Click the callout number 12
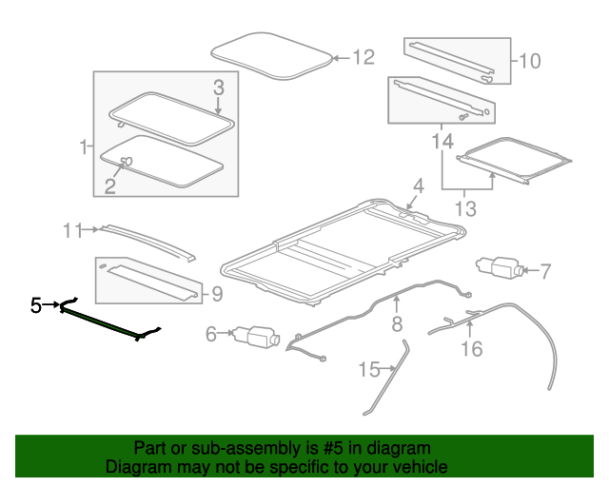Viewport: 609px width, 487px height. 363,58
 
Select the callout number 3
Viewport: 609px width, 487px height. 218,88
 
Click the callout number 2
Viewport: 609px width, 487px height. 110,185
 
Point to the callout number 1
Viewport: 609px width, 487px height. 83,147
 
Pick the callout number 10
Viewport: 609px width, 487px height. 528,62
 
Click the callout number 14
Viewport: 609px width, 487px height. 442,142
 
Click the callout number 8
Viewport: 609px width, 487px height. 397,325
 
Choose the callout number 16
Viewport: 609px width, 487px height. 471,349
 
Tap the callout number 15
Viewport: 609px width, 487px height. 368,368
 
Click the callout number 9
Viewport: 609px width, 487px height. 217,295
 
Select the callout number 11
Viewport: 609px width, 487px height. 74,229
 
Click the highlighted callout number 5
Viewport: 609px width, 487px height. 36,305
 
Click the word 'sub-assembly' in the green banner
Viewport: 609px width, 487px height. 244,448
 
